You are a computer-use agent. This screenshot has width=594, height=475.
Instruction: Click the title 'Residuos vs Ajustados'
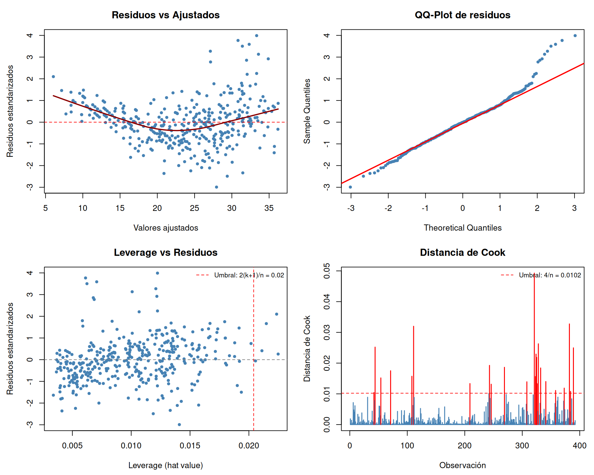[x=166, y=15]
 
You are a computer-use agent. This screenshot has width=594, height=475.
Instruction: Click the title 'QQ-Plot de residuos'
[x=462, y=15]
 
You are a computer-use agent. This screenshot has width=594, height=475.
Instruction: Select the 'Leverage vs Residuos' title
[x=166, y=252]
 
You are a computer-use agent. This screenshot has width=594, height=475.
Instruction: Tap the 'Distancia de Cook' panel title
[x=462, y=252]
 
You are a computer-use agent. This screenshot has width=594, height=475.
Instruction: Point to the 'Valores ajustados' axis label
[x=166, y=228]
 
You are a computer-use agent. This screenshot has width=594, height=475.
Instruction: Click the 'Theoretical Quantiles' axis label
[x=462, y=228]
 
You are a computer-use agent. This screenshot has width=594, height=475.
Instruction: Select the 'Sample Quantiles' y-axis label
[x=307, y=111]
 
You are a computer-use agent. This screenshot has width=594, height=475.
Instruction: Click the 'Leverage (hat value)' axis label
[x=166, y=465]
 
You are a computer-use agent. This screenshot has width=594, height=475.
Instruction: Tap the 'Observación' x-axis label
[x=462, y=465]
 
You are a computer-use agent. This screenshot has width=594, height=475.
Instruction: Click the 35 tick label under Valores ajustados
[x=269, y=208]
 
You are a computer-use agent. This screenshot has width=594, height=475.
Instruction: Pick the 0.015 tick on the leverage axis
[x=190, y=446]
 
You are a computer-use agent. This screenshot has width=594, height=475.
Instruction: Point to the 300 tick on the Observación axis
[x=522, y=446]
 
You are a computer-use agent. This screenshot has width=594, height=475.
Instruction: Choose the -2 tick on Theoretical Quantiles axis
[x=388, y=208]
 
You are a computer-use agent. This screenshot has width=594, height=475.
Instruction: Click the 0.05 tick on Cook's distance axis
[x=327, y=271]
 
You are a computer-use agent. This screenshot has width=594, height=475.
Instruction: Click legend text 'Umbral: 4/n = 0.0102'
[x=550, y=275]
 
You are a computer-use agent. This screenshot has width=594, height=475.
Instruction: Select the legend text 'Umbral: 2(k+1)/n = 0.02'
[x=249, y=275]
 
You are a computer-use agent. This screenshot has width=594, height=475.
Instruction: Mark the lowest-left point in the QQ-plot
[x=350, y=187]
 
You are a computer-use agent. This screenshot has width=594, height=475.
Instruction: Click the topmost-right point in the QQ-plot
[x=575, y=36]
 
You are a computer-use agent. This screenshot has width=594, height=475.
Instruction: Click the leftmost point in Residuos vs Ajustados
[x=53, y=77]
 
